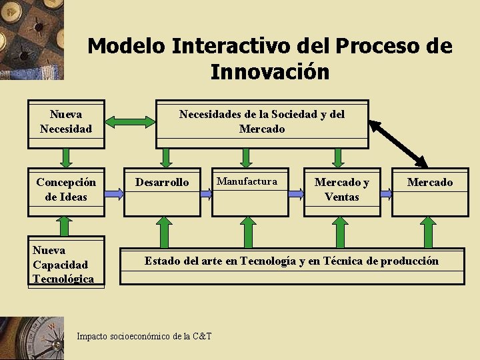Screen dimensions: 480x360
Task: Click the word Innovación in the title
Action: (x=269, y=71)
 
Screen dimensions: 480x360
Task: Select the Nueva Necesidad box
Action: (x=66, y=121)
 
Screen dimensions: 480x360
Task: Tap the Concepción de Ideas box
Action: (x=66, y=189)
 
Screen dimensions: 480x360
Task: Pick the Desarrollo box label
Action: (x=162, y=182)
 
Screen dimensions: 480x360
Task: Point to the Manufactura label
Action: (x=247, y=181)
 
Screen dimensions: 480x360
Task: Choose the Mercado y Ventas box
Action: (x=341, y=189)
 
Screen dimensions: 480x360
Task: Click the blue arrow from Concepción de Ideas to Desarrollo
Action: (x=114, y=193)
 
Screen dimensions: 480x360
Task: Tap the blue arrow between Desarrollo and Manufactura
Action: (x=208, y=193)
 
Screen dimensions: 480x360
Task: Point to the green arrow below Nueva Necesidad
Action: (x=66, y=157)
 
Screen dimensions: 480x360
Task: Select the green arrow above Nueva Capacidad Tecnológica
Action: (x=65, y=227)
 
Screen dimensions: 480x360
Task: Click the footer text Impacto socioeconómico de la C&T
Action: (x=144, y=336)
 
